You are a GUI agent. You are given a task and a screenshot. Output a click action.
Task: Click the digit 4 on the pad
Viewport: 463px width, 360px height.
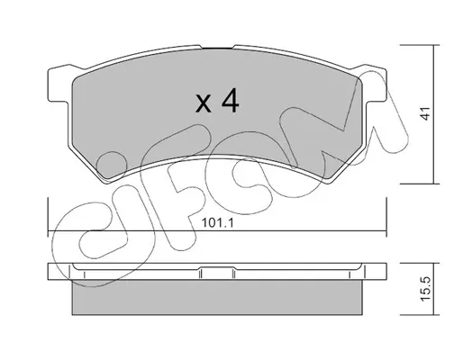231,102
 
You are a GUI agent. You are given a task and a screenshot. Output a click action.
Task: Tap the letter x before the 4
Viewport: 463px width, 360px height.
203,103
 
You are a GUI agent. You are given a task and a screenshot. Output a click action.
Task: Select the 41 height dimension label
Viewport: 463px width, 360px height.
425,113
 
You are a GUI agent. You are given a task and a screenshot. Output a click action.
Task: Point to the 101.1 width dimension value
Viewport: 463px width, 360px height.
217,223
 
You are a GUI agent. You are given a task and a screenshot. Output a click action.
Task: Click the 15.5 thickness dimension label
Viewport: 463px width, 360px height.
425,289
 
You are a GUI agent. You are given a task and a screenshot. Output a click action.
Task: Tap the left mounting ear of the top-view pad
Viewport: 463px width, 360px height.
58,85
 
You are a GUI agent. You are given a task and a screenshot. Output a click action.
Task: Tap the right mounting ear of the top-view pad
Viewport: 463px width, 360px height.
375,85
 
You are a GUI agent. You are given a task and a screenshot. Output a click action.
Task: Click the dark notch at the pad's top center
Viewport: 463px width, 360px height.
218,48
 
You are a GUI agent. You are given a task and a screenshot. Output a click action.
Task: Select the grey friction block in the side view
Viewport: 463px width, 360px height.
217,297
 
